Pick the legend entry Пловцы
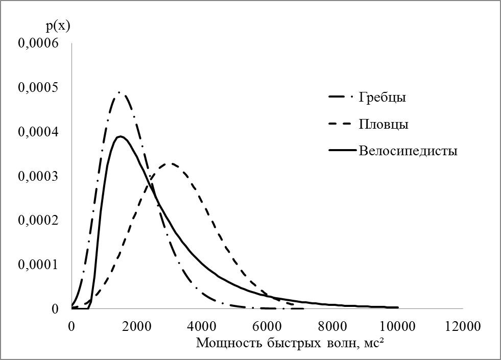pyautogui.click(x=383, y=125)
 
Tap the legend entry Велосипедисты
pyautogui.click(x=408, y=151)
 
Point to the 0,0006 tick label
pyautogui.click(x=39, y=43)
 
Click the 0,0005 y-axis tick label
pyautogui.click(x=39, y=88)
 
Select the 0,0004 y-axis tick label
pyautogui.click(x=39, y=132)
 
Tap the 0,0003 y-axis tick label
pyautogui.click(x=39, y=176)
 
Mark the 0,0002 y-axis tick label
pyautogui.click(x=39, y=221)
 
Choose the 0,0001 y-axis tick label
pyautogui.click(x=39, y=265)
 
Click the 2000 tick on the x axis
pyautogui.click(x=136, y=325)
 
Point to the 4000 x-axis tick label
pyautogui.click(x=202, y=325)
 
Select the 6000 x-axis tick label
pyautogui.click(x=267, y=325)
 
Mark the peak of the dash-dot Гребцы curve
pyautogui.click(x=120, y=92)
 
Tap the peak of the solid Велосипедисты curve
pyautogui.click(x=121, y=136)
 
